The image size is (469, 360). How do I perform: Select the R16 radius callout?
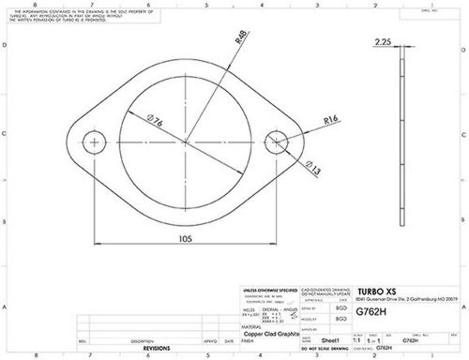click(329, 121)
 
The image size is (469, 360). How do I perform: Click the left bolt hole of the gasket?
click(95, 142)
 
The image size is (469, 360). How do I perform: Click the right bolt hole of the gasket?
click(277, 142)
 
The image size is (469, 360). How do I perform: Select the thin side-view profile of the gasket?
click(401, 141)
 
